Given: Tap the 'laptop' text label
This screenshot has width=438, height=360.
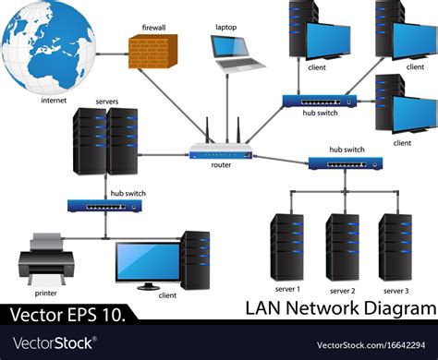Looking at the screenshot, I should [x=225, y=27].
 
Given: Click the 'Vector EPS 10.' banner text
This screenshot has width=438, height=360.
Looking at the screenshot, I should [x=68, y=315].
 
